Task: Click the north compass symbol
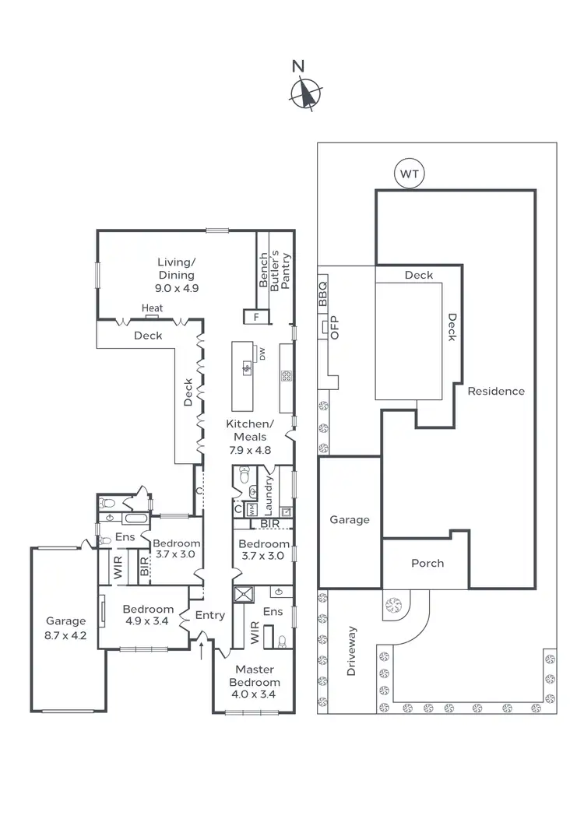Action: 304,93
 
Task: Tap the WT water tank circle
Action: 410,174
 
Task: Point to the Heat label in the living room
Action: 153,308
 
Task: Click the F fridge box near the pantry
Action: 255,317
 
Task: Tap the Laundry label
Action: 269,490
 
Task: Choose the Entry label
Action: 210,615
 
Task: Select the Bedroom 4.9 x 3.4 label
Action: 147,615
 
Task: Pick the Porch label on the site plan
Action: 427,563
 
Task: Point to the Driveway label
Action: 351,650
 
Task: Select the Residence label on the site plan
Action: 496,391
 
